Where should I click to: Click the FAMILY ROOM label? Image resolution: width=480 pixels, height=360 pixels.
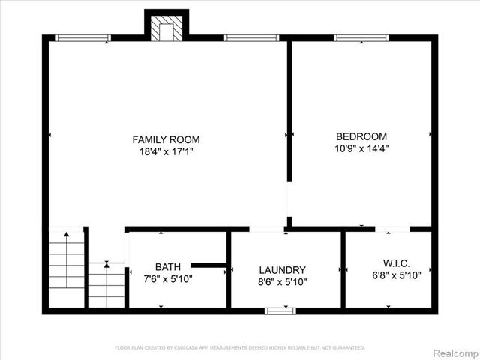tap(166, 139)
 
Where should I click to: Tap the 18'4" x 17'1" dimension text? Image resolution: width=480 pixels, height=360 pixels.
tap(166, 151)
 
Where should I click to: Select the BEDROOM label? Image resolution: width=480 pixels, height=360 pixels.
tap(361, 136)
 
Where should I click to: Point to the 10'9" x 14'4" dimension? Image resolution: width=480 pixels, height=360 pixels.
tap(361, 148)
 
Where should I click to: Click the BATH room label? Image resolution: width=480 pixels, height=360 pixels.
tap(167, 266)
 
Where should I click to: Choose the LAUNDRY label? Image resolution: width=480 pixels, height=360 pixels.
tap(282, 270)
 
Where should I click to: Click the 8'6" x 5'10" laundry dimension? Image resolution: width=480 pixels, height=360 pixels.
tap(282, 282)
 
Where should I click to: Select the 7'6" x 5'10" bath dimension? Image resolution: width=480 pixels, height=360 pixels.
tap(167, 278)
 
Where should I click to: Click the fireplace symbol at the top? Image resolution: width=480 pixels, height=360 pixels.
tap(166, 28)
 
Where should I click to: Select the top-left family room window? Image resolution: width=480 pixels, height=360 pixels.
tap(83, 37)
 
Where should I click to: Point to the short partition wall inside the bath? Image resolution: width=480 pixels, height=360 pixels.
tap(209, 265)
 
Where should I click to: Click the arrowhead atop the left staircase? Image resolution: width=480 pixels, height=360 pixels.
tap(67, 235)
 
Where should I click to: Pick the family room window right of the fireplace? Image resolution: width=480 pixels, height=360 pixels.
tap(251, 37)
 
